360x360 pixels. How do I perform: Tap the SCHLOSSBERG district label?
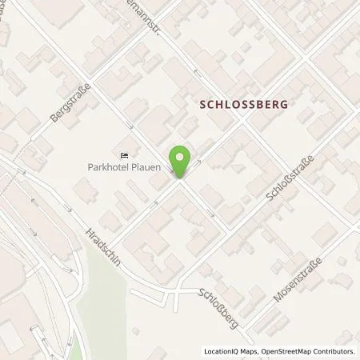[242, 104]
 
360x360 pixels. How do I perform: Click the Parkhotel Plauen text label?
[125, 167]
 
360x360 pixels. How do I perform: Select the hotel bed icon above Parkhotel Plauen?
[124, 155]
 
